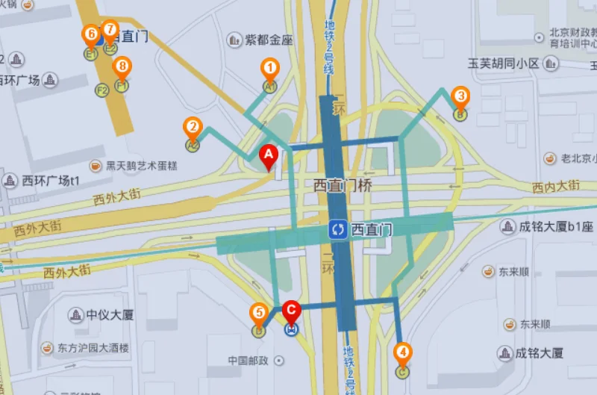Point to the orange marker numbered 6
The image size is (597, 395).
pyautogui.click(x=91, y=34)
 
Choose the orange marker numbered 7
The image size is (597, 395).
pyautogui.click(x=110, y=30)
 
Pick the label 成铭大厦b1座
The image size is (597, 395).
pyautogui.click(x=556, y=226)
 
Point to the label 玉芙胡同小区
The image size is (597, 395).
pyautogui.click(x=503, y=63)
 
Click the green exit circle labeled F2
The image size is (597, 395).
pyautogui.click(x=102, y=90)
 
